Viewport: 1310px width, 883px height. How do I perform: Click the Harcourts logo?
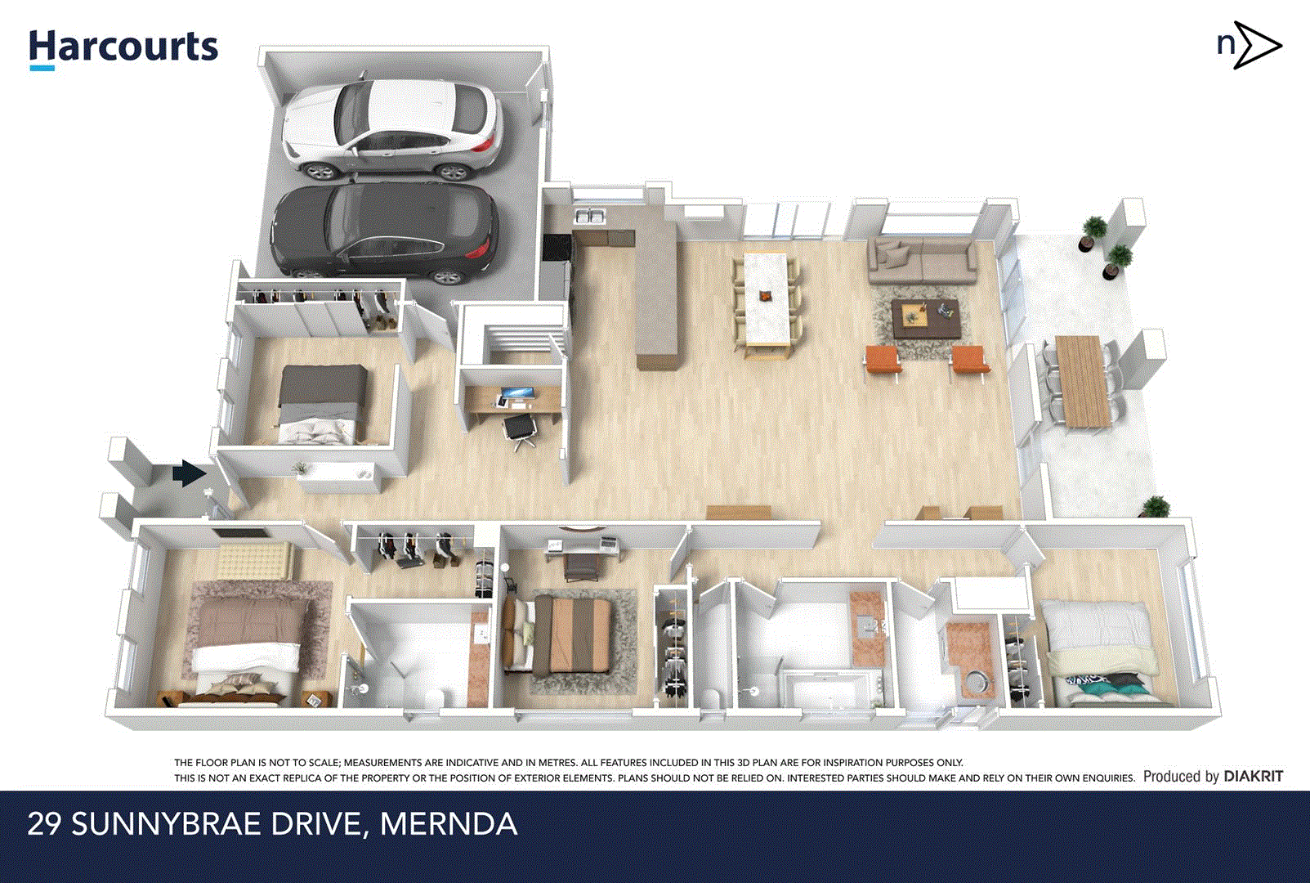[123, 48]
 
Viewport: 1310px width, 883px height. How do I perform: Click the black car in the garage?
[384, 231]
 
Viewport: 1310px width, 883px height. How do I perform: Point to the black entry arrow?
[189, 473]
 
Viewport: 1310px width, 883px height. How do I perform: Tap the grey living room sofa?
[922, 260]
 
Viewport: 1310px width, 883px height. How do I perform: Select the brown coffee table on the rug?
[924, 317]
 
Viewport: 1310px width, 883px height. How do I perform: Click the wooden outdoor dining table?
[1081, 380]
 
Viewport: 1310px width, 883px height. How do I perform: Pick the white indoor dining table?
[766, 298]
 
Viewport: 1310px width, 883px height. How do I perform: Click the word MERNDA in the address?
[449, 823]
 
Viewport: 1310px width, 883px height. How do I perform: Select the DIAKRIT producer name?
[1253, 776]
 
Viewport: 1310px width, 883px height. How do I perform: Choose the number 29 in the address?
[44, 823]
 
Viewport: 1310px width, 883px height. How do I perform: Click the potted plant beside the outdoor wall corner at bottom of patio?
[1155, 507]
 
